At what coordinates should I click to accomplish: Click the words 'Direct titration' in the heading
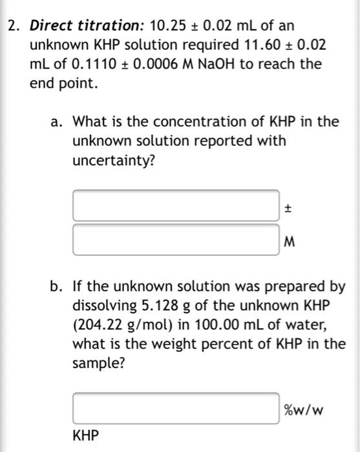[x=87, y=26]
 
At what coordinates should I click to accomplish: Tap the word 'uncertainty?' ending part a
[x=114, y=159]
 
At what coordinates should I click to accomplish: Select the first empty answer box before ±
[x=176, y=206]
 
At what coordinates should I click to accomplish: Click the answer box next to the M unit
[x=176, y=240]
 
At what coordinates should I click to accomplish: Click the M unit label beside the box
[x=289, y=243]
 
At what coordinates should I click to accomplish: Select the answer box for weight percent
[x=176, y=409]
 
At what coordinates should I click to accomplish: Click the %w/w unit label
[x=303, y=409]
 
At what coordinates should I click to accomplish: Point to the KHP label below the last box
[x=86, y=437]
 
